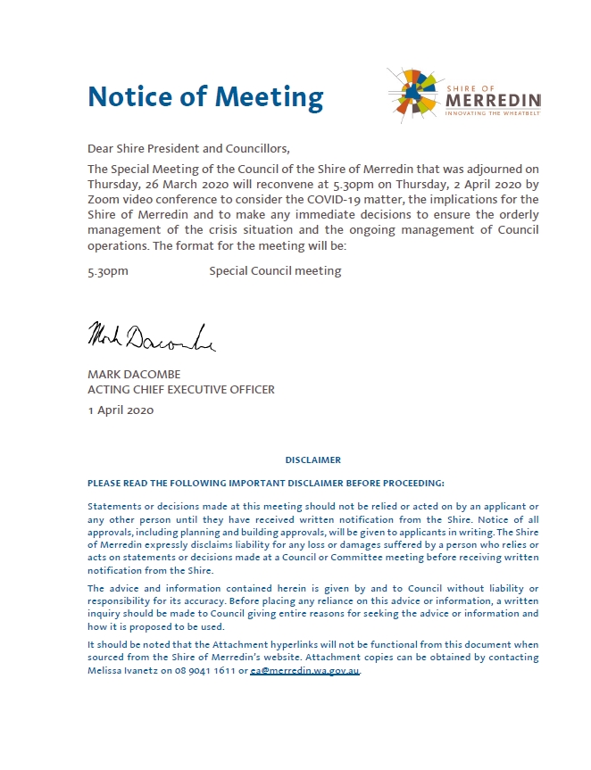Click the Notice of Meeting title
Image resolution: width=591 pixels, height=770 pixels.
205,96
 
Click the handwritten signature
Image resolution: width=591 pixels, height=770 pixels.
151,336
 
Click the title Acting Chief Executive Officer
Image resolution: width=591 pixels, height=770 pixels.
181,389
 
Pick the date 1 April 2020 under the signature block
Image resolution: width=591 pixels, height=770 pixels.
121,410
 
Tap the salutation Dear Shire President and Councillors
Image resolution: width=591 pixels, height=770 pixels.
189,148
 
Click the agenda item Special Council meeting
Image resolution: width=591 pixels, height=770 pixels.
275,270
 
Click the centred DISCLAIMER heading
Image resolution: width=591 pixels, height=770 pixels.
312,460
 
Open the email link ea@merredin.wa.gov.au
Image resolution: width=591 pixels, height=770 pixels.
305,670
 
